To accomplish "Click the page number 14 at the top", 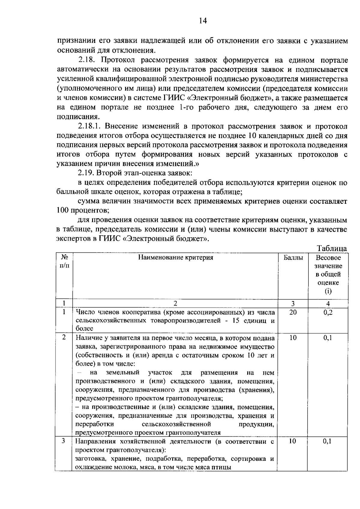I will (202, 21).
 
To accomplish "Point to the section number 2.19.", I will (87, 173).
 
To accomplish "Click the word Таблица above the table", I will (332, 248).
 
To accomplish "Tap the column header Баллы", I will (293, 258).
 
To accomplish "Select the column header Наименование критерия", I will (175, 258).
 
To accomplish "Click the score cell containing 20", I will (293, 312).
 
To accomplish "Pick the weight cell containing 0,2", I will (328, 312).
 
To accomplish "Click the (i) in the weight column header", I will (328, 291).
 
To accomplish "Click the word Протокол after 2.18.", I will (123, 60).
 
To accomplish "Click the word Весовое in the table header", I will (328, 258).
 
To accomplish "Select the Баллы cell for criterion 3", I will (293, 441).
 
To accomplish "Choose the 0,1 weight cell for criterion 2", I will (328, 338).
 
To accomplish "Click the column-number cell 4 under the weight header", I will (328, 303).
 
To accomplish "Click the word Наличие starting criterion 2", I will (88, 338).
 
